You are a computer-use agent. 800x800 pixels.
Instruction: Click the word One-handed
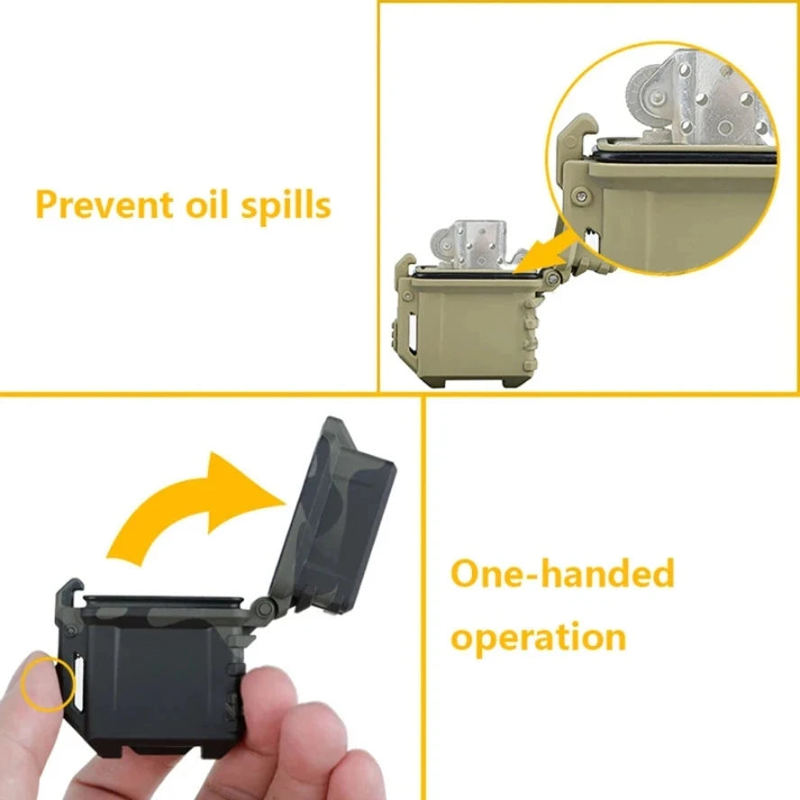coord(562,574)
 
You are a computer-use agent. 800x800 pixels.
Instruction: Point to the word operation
coord(538,637)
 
